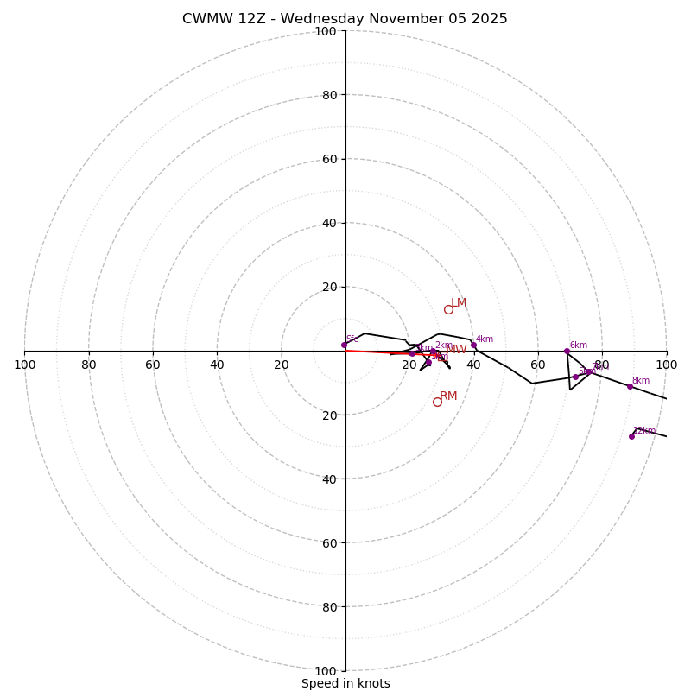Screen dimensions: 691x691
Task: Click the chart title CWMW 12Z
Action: click(x=345, y=19)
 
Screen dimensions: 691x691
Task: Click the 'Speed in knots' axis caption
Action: click(x=345, y=683)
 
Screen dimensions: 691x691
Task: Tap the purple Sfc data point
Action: click(x=344, y=345)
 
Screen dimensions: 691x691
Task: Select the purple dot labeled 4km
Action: click(x=473, y=345)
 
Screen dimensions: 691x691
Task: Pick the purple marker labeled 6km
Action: click(x=567, y=351)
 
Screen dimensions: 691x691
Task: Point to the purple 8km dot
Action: click(x=630, y=386)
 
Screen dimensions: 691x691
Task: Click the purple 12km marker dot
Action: click(x=631, y=436)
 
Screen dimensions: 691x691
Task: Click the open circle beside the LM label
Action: click(x=448, y=309)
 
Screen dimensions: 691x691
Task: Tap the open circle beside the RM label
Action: click(x=437, y=402)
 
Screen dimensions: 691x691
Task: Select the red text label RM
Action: click(x=448, y=396)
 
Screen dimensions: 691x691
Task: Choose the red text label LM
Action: click(x=459, y=303)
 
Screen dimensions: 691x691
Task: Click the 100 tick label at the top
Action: click(x=325, y=31)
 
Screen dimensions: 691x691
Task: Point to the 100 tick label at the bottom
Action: click(x=325, y=670)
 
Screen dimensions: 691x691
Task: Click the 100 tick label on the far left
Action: click(x=24, y=365)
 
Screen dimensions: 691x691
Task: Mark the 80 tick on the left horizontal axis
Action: click(x=89, y=365)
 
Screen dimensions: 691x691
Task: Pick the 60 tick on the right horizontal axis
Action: click(x=538, y=365)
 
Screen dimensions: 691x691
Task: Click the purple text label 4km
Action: click(x=485, y=339)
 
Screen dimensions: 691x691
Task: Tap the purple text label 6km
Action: click(x=579, y=345)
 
